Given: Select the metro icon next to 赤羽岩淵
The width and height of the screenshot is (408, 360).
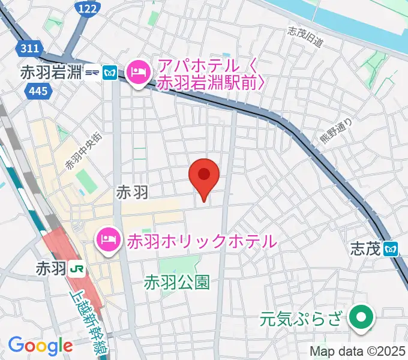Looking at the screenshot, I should pyautogui.click(x=110, y=73).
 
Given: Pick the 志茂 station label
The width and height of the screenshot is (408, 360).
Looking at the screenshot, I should pyautogui.click(x=367, y=248).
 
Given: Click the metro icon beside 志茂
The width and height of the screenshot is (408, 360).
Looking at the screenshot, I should pyautogui.click(x=392, y=248).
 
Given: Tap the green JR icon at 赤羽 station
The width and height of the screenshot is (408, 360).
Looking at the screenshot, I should pyautogui.click(x=77, y=268).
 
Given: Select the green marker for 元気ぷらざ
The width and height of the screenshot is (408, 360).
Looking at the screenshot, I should pyautogui.click(x=361, y=316).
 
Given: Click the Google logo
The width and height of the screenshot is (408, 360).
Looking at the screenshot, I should pyautogui.click(x=40, y=346).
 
